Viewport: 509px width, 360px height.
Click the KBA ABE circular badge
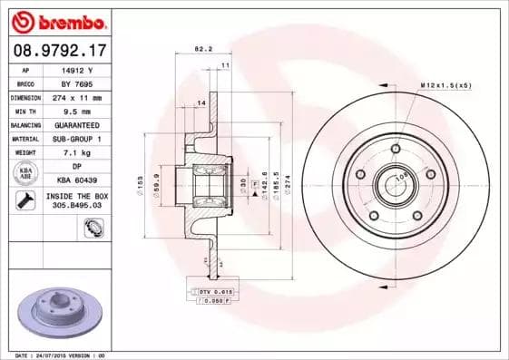(26, 173)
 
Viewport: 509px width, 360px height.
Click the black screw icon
(26, 200)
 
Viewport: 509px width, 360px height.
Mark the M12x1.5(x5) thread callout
(445, 84)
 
